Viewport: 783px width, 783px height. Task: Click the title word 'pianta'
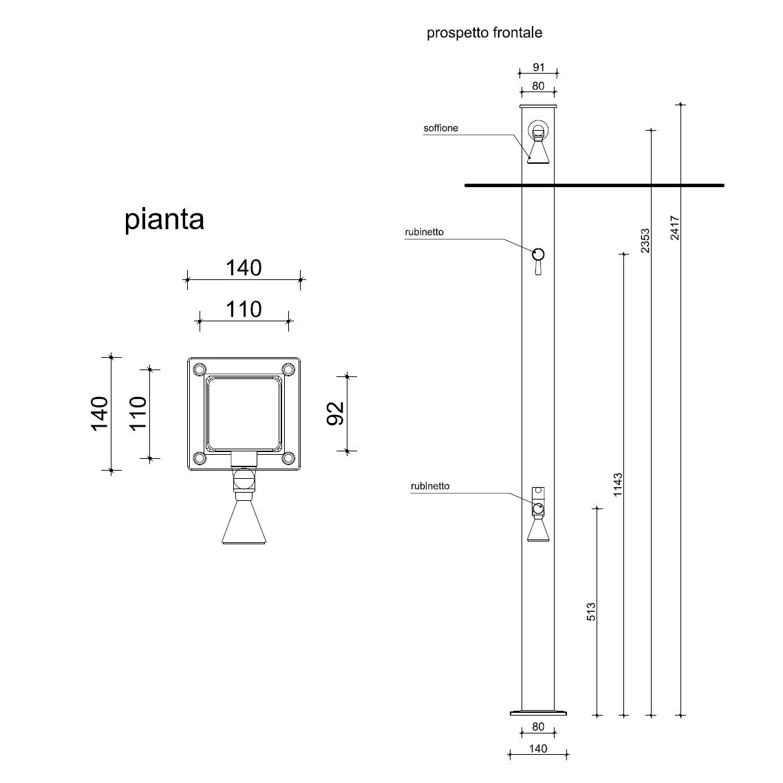click(164, 219)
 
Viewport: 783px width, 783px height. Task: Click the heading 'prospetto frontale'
click(484, 32)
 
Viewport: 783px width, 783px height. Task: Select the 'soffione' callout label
click(440, 128)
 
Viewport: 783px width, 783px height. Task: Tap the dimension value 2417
click(675, 228)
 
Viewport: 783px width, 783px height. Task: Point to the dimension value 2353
click(645, 241)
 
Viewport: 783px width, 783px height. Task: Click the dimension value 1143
click(618, 485)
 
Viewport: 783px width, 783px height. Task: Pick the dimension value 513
click(591, 612)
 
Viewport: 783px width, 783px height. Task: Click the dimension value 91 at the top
click(539, 67)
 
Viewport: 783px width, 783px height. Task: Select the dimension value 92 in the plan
click(335, 413)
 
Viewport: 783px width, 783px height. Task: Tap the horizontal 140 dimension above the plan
click(244, 268)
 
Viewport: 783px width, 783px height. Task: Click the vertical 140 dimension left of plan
click(100, 413)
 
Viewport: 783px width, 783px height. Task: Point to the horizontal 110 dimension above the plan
click(244, 310)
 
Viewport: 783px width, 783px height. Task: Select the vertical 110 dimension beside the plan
click(139, 413)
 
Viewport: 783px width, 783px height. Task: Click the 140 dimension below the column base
click(538, 748)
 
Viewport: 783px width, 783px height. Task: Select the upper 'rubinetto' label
click(424, 232)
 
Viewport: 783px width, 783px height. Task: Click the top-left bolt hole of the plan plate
click(199, 369)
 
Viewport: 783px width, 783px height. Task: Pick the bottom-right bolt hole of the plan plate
click(289, 458)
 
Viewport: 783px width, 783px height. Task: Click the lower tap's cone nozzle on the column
click(538, 530)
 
